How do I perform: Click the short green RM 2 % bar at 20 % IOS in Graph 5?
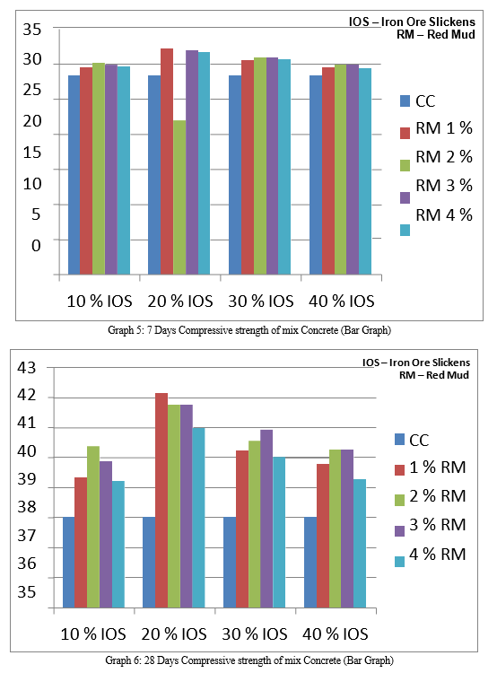pyautogui.click(x=179, y=197)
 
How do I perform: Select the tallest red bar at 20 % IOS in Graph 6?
pyautogui.click(x=161, y=500)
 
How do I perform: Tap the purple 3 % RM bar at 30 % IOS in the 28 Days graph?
pyautogui.click(x=266, y=519)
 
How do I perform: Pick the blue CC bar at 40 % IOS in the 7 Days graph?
pyautogui.click(x=316, y=175)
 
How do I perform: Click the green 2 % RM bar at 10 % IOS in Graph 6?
pyautogui.click(x=93, y=527)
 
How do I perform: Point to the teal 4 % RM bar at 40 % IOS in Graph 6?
pyautogui.click(x=360, y=544)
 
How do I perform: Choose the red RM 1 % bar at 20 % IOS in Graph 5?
pyautogui.click(x=167, y=162)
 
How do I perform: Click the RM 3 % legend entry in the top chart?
pyautogui.click(x=436, y=189)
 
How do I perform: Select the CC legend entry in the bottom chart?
pyautogui.click(x=412, y=440)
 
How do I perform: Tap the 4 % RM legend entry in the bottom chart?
pyautogui.click(x=430, y=556)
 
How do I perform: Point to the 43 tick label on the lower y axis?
pyautogui.click(x=27, y=368)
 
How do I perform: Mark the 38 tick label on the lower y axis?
pyautogui.click(x=27, y=507)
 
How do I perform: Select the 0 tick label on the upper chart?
pyautogui.click(x=36, y=246)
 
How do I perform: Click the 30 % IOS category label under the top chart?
pyautogui.click(x=261, y=301)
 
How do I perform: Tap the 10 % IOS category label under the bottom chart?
pyautogui.click(x=93, y=634)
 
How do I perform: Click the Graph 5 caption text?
pyautogui.click(x=249, y=330)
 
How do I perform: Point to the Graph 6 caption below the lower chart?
pyautogui.click(x=249, y=660)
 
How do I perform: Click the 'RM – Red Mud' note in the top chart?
pyautogui.click(x=436, y=34)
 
